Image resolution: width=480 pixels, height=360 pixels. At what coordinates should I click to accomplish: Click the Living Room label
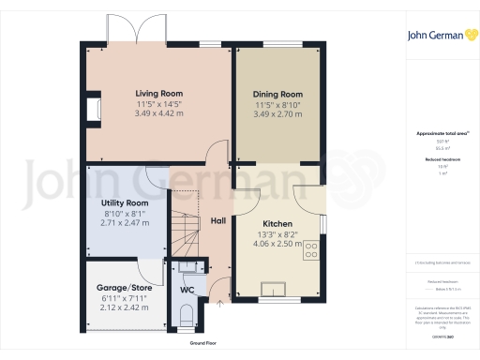tap(157, 94)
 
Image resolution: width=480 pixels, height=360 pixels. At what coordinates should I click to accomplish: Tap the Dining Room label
tap(278, 95)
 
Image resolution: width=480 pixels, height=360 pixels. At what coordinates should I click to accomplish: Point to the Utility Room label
tap(125, 202)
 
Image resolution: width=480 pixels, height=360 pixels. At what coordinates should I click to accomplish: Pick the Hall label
tap(217, 221)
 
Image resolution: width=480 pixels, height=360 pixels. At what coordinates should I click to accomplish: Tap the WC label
tap(187, 289)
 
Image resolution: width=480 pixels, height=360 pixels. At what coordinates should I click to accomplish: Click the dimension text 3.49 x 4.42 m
tap(157, 113)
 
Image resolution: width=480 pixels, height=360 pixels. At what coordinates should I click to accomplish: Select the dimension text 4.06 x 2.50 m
tap(278, 244)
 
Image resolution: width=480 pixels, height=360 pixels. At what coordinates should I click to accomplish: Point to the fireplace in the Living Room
tap(94, 112)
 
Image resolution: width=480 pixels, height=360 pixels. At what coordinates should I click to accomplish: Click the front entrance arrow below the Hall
tap(219, 304)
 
